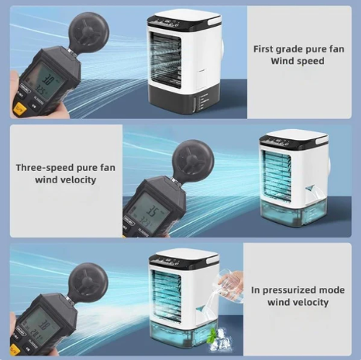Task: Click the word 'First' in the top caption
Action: coord(264,49)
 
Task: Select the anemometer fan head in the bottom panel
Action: coord(88,282)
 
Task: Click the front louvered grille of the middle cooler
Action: coord(278,177)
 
